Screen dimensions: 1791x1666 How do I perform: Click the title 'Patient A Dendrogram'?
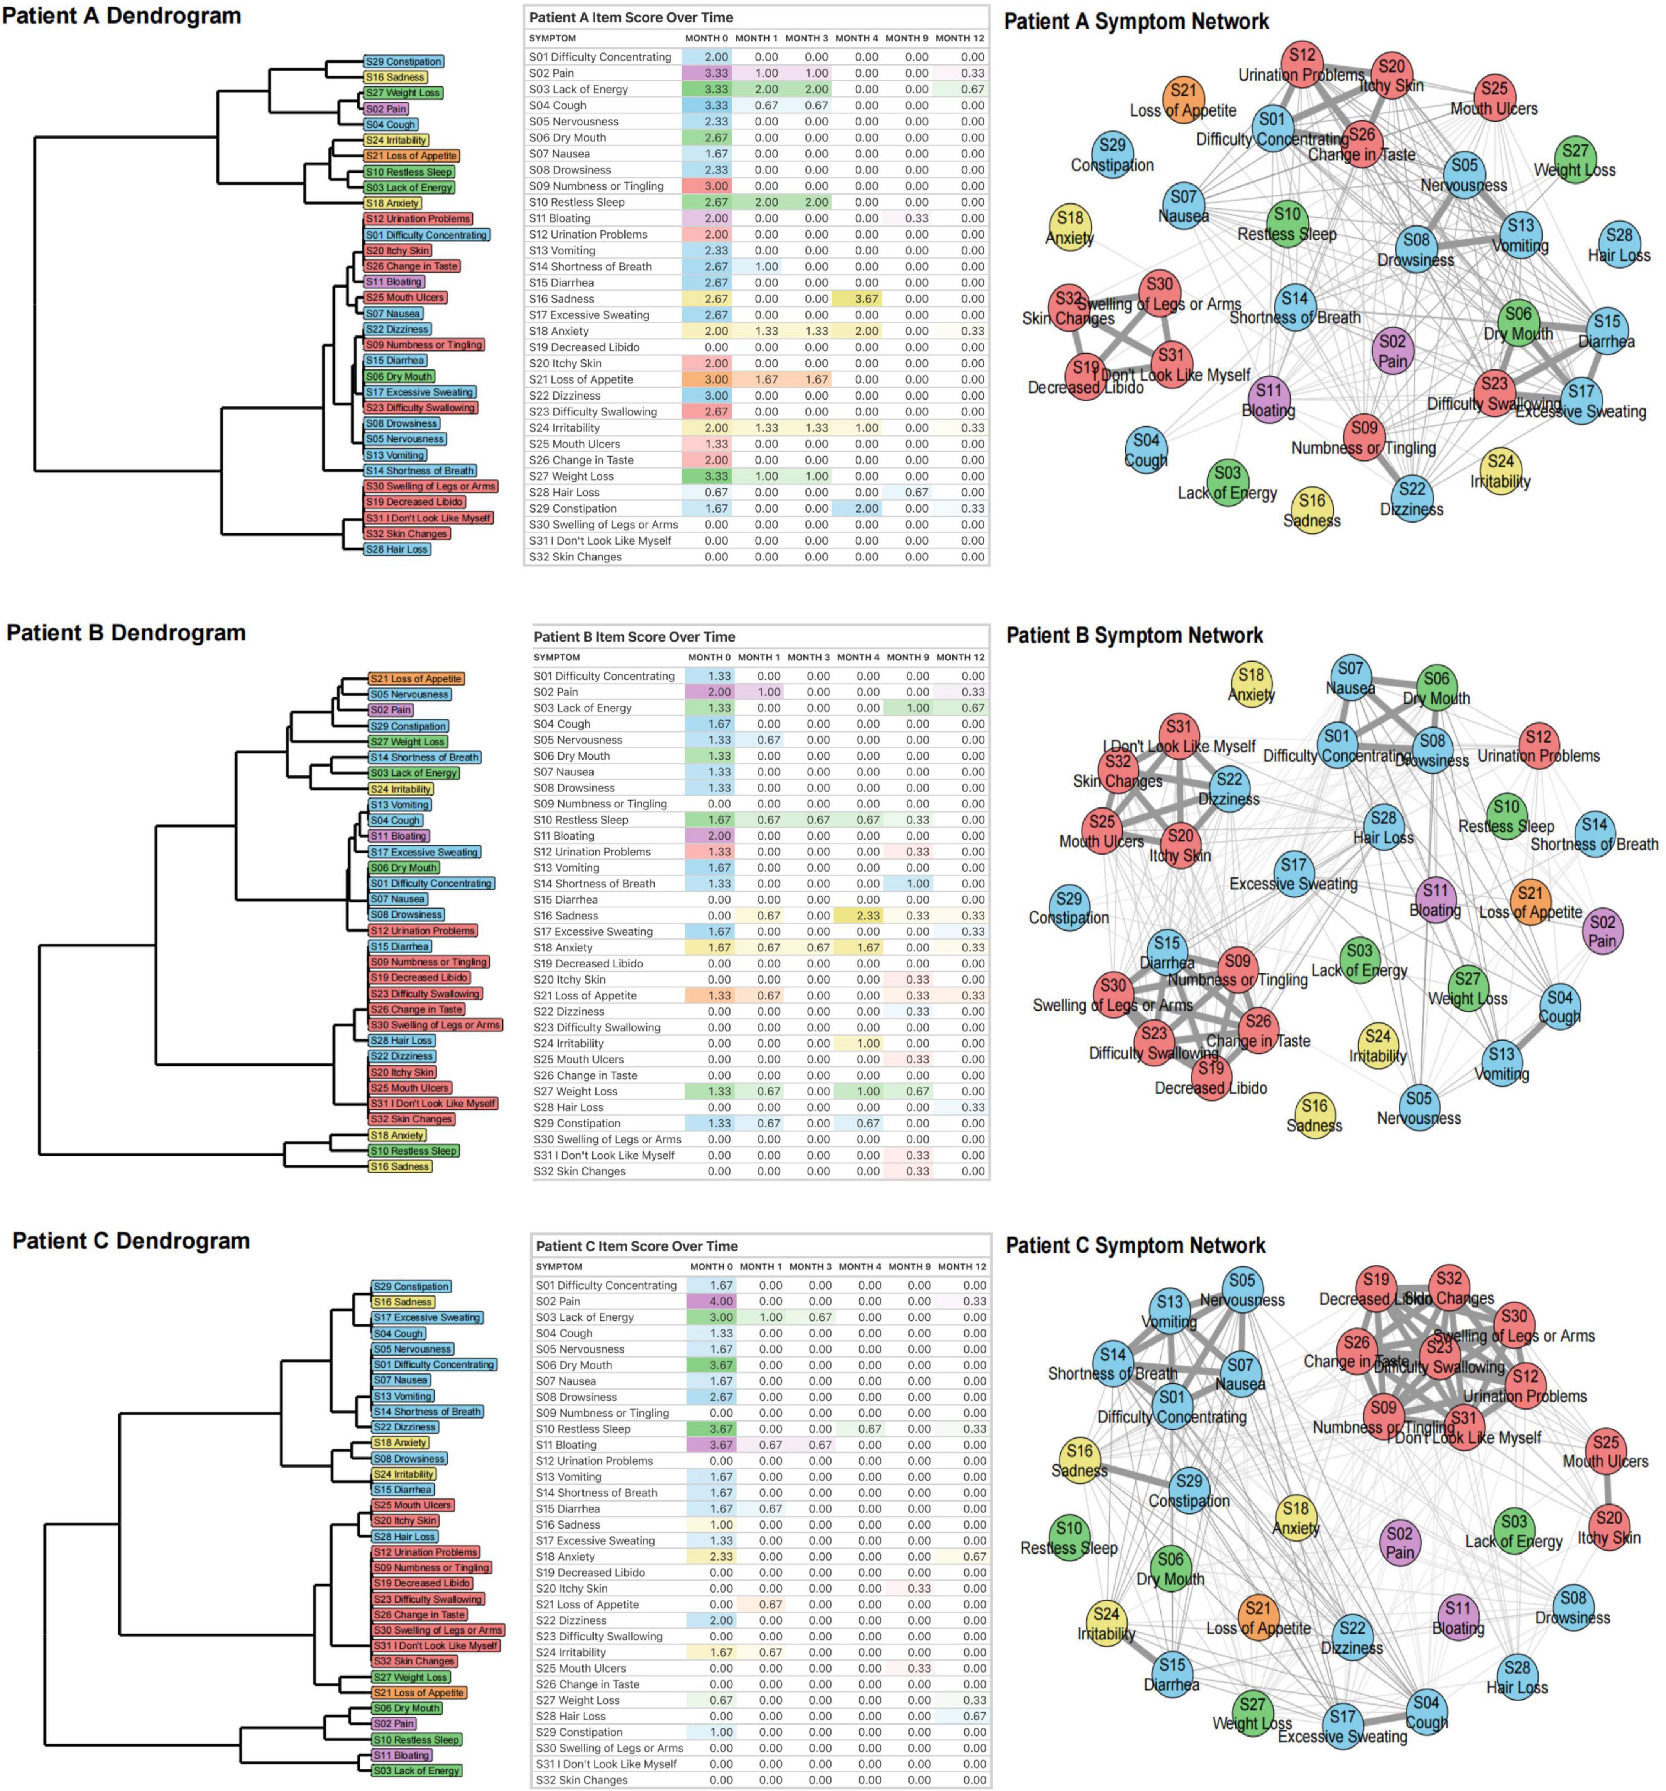[x=122, y=16]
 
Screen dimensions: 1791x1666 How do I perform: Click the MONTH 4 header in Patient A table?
[x=856, y=38]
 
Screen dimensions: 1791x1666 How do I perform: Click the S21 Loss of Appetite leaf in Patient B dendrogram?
[x=416, y=679]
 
